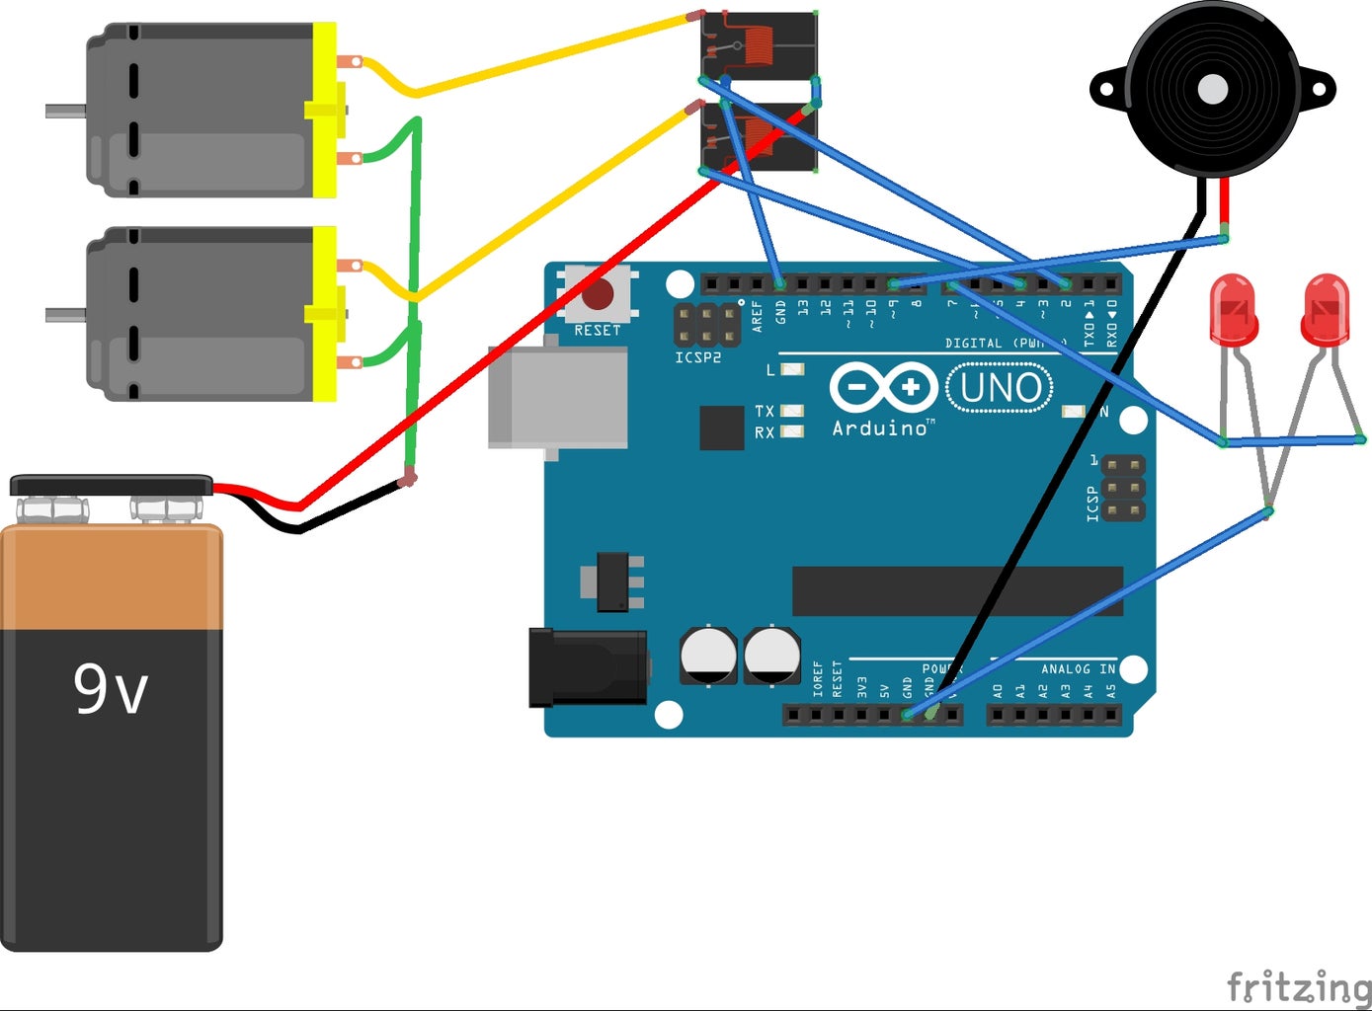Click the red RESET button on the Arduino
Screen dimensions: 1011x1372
pos(598,294)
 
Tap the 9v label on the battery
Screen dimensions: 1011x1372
pos(111,689)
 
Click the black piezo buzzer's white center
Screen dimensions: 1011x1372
pos(1212,90)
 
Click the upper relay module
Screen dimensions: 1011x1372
pos(759,45)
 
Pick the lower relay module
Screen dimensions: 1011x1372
pos(759,138)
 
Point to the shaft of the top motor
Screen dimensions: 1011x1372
pos(65,111)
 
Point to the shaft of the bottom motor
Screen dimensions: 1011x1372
pos(65,315)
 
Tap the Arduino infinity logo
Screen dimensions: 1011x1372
pos(882,388)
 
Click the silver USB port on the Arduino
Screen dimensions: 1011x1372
pos(558,397)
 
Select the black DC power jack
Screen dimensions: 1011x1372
pos(588,668)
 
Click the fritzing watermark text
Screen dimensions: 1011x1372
pos(1298,986)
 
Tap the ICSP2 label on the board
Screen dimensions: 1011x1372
pos(697,357)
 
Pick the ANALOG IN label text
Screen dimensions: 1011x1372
pos(1078,669)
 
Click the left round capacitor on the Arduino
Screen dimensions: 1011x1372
pos(708,655)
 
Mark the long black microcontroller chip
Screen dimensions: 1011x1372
pos(957,590)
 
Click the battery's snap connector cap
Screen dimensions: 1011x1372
pos(111,486)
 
